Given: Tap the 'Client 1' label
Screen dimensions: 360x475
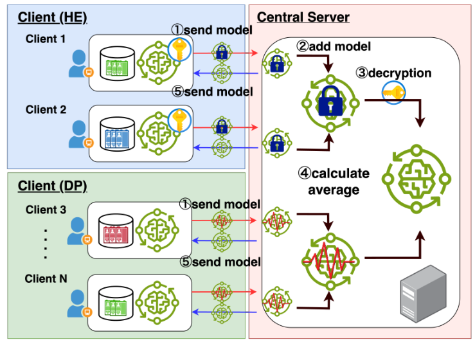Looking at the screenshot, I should pos(46,39).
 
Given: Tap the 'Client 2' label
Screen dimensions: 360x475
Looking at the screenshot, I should pos(46,109).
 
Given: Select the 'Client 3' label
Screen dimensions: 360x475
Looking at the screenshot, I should pos(46,210).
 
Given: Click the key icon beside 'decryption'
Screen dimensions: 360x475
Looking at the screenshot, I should pos(393,92).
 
